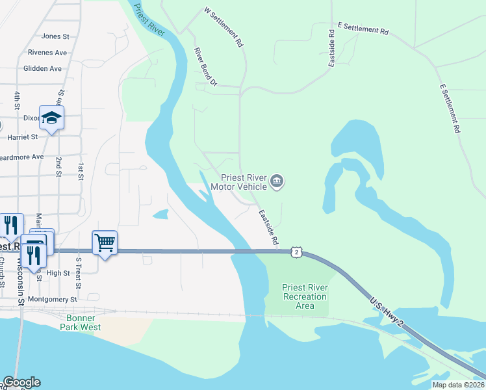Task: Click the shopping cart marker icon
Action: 105,243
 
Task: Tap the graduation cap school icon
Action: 51,118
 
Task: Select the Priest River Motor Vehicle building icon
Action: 277,181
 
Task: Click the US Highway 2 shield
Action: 296,252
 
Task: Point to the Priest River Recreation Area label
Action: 305,296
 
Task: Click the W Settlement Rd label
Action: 224,28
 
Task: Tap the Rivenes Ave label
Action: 47,53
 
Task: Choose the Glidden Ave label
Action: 42,68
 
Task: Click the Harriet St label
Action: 22,137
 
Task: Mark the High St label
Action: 58,273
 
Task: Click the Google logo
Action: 21,382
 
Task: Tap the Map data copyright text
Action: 457,385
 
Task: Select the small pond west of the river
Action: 160,214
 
